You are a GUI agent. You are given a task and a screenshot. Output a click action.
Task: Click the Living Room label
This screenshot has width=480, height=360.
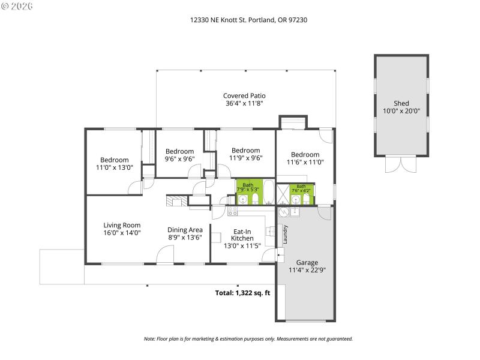tap(122, 226)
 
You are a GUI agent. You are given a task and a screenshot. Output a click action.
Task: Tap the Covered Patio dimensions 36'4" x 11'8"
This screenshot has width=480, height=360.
tap(244, 103)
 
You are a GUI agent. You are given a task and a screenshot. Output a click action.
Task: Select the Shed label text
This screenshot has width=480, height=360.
tap(401, 103)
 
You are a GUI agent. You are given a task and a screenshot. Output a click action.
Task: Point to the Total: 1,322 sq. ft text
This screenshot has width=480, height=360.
tap(243, 293)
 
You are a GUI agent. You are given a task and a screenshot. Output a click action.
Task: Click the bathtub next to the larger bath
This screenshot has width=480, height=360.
tap(269, 193)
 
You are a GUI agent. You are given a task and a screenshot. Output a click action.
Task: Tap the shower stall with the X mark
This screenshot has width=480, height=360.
tap(283, 196)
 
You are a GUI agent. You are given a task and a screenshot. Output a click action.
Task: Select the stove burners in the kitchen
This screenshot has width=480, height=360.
tap(233, 211)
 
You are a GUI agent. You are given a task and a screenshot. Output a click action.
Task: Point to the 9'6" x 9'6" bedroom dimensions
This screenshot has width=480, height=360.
tap(180, 159)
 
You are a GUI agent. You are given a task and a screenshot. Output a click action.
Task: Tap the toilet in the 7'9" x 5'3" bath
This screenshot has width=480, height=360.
tap(254, 199)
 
